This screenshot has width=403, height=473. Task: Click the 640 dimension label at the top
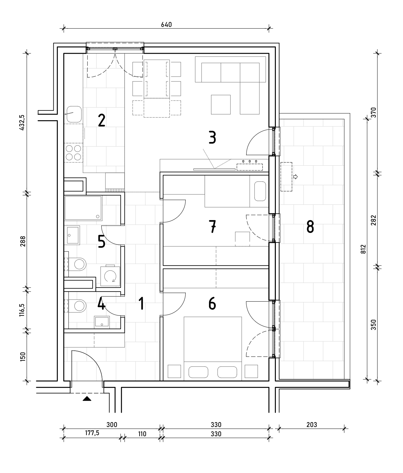pos(166,24)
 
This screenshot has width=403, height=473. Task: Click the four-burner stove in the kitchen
pos(73,153)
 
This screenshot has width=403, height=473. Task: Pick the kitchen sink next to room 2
pos(74,114)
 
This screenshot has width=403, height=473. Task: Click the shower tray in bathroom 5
pos(83,208)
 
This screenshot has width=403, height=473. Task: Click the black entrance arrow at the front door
pos(87,398)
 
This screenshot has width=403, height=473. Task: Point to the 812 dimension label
pos(363,249)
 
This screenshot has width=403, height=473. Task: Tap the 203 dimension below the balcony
pos(311,424)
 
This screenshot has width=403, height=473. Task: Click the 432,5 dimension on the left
pos(22,123)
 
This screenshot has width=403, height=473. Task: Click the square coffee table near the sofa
pos(221,104)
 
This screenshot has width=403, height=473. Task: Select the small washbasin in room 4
pos(102,322)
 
